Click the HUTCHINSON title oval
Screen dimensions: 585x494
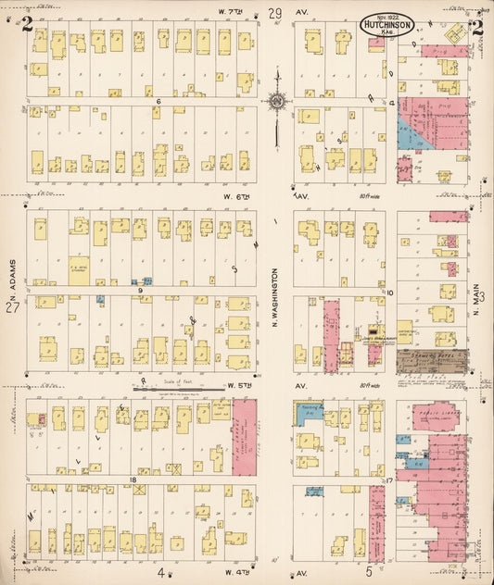386,25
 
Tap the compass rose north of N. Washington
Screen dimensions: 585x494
276,102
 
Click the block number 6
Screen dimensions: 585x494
158,101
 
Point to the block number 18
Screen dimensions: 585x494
133,479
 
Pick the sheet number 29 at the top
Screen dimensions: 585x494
275,12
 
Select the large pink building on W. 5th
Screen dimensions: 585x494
245,436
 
